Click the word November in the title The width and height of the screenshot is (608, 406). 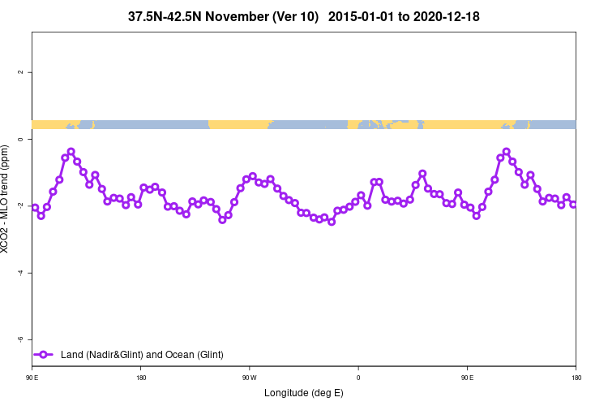pos(242,16)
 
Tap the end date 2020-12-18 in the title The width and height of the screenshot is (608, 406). pos(443,16)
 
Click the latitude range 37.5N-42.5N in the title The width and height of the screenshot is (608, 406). pos(170,16)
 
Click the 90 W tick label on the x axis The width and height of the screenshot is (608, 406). pos(249,378)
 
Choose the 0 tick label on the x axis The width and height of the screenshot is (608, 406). pos(358,378)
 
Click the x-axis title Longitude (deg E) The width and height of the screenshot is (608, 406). pos(304,393)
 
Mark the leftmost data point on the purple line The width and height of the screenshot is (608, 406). pos(35,208)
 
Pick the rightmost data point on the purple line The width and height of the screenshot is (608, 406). pos(573,205)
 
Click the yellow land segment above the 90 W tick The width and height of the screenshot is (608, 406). pos(239,124)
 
